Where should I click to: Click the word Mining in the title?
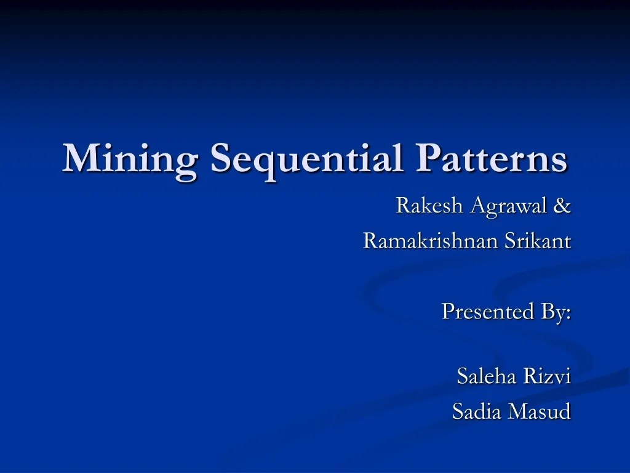tap(130, 159)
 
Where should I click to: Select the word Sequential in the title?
tap(306, 159)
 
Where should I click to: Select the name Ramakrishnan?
tap(431, 241)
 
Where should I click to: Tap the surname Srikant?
tap(538, 241)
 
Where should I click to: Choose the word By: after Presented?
tap(556, 312)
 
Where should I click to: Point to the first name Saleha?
tap(487, 376)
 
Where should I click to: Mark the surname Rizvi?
tap(547, 376)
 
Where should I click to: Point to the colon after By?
tap(568, 314)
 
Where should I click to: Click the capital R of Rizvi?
tap(530, 376)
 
